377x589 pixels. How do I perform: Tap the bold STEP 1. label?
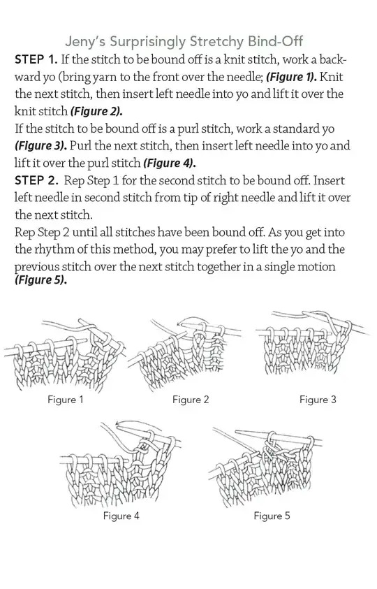point(36,59)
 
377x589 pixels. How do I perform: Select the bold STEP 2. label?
point(36,181)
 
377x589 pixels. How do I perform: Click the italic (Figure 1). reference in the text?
point(291,77)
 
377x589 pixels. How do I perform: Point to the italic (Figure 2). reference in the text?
point(96,112)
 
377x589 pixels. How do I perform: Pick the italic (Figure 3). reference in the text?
point(41,146)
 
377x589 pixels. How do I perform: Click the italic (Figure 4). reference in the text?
point(170,163)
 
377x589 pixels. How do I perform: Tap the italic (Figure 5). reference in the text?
point(40,280)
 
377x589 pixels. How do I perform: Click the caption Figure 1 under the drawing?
point(66,399)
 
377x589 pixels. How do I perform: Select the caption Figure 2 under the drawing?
point(191,400)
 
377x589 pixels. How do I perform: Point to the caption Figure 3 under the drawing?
point(318,400)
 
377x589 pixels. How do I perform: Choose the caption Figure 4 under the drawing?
point(121,516)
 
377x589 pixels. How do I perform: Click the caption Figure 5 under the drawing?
point(272,516)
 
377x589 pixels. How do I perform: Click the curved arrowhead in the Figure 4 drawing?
point(119,423)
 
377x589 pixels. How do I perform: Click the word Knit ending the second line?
point(331,77)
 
